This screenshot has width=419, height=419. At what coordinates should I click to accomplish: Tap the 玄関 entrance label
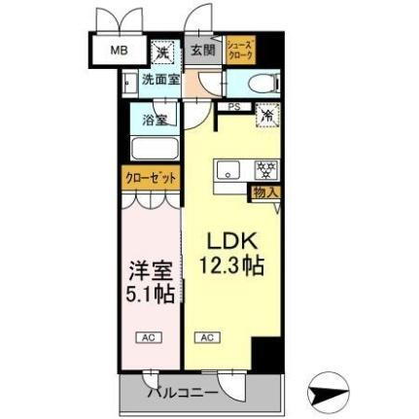coord(201,51)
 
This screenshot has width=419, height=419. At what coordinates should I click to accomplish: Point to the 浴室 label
coord(154,121)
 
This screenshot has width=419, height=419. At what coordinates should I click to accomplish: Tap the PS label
coord(234,107)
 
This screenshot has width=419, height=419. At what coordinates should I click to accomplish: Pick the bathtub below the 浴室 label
coord(154,151)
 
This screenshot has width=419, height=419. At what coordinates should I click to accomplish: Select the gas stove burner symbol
coord(264,170)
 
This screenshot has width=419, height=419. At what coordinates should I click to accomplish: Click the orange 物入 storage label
coord(264,192)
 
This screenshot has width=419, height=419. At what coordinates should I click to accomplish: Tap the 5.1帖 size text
coord(152,292)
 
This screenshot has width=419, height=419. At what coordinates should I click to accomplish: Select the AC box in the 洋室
coord(148,337)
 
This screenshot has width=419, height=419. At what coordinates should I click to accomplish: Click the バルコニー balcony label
coord(183,393)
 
